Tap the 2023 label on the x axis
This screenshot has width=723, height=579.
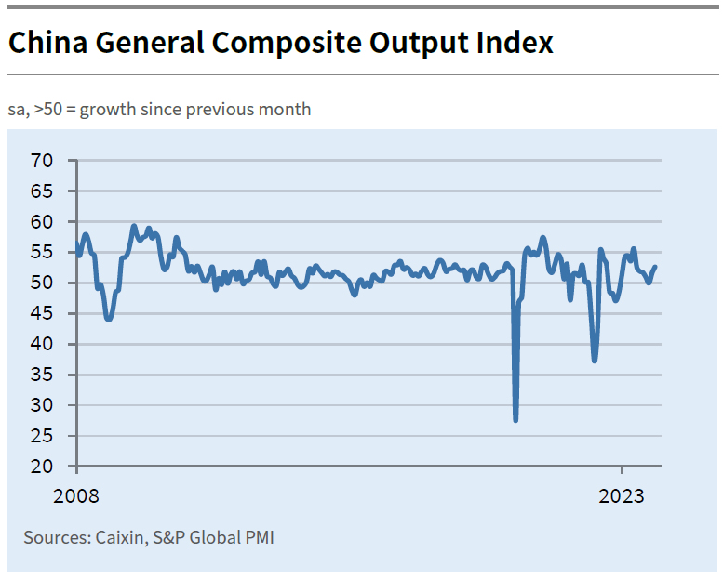point(622,495)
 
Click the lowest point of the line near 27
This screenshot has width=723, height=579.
point(515,420)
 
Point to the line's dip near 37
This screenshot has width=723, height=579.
point(595,360)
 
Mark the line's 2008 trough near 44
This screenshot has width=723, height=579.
point(109,319)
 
